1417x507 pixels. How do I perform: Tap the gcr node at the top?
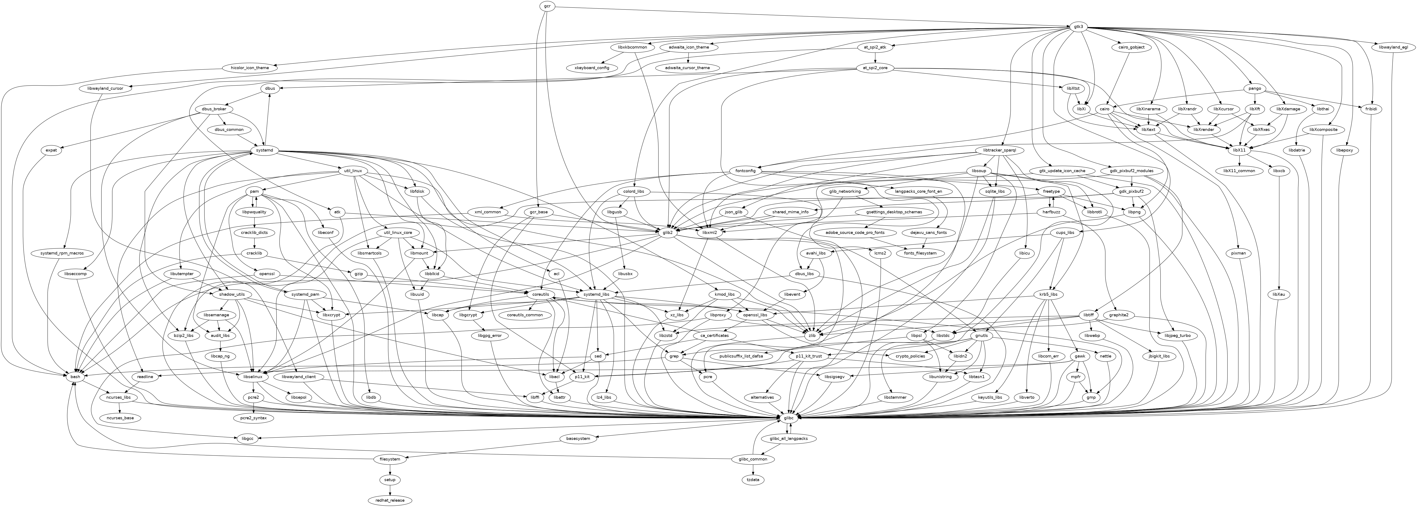(547, 6)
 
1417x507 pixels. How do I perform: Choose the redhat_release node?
(390, 500)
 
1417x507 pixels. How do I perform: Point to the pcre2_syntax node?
(254, 418)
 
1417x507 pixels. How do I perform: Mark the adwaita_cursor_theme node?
(688, 68)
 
